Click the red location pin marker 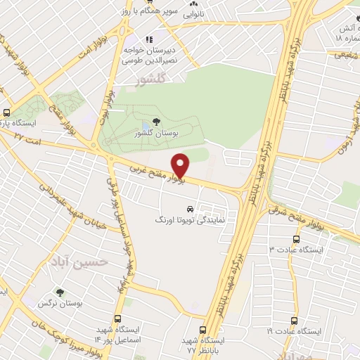click(181, 166)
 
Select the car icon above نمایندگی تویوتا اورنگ click(190, 209)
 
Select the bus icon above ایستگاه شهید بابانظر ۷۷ click(203, 329)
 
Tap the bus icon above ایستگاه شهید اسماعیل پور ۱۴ click(127, 304)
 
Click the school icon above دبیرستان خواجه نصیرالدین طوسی click(148, 39)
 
